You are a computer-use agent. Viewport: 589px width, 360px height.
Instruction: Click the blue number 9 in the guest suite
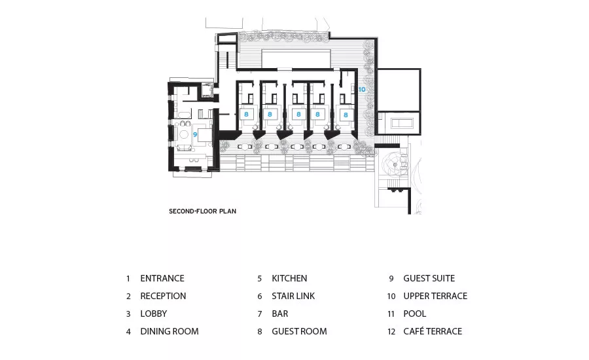(195, 134)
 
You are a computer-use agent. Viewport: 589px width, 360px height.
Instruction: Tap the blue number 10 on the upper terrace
(362, 90)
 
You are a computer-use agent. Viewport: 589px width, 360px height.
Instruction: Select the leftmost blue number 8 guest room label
(247, 115)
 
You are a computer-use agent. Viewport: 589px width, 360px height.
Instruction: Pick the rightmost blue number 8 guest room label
(346, 115)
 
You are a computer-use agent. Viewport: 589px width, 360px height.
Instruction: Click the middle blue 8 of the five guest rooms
(298, 115)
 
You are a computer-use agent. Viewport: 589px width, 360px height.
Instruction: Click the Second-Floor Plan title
(202, 211)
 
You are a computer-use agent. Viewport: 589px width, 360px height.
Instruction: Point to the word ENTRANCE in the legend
(162, 278)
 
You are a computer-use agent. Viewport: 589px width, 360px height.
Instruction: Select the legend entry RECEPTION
(163, 296)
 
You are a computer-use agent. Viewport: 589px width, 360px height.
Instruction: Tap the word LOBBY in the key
(154, 314)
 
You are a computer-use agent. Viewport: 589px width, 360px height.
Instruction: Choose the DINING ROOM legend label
(170, 331)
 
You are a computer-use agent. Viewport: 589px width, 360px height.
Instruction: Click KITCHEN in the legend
(289, 278)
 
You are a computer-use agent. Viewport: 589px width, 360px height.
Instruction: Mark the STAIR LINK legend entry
(293, 296)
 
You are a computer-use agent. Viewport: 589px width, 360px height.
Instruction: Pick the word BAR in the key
(280, 314)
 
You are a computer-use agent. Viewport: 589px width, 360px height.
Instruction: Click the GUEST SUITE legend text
(429, 278)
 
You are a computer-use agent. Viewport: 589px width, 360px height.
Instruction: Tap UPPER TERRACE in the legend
(435, 296)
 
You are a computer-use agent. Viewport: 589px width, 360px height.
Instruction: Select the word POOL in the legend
(415, 314)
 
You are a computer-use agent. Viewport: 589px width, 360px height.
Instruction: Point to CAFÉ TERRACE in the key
(433, 331)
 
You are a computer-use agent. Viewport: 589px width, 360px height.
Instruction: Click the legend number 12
(391, 332)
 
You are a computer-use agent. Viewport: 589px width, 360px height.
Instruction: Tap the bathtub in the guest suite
(184, 114)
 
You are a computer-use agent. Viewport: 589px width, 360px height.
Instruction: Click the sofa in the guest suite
(184, 148)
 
